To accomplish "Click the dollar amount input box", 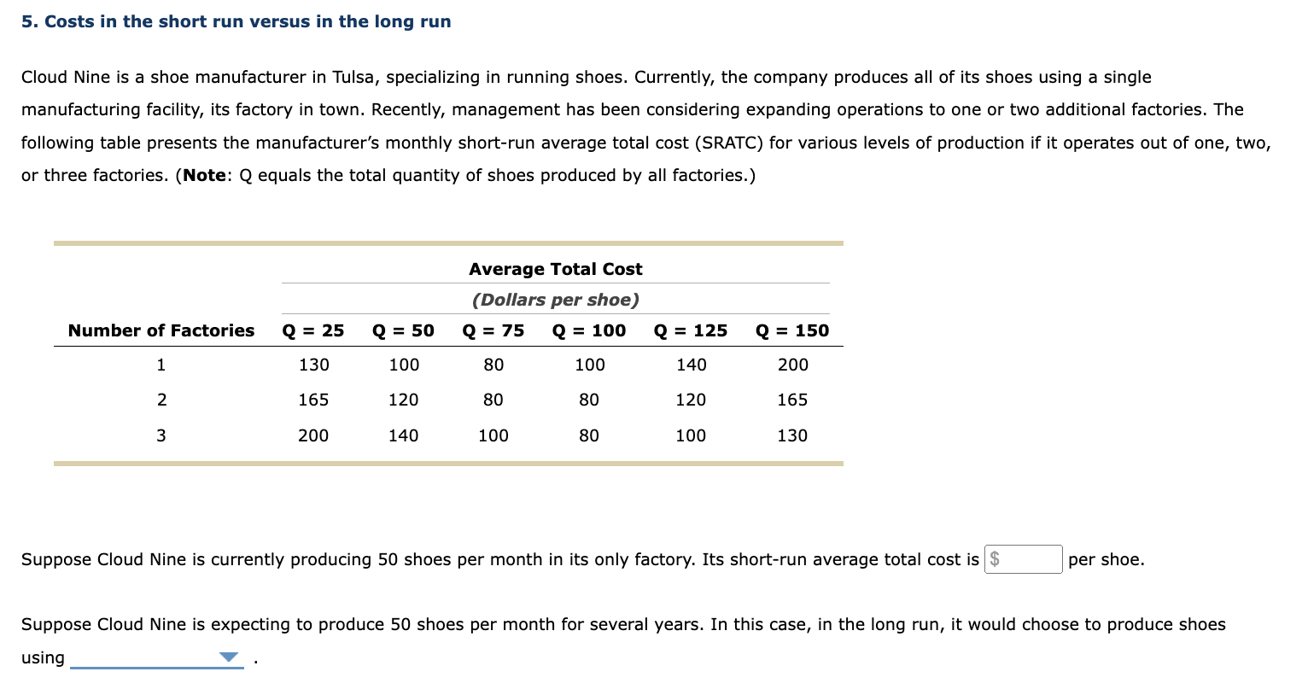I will tap(1023, 559).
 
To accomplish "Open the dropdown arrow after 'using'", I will tap(228, 657).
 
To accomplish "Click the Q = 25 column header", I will tap(313, 330).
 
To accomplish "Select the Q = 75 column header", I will tap(493, 330).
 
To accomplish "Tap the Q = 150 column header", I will tap(792, 330).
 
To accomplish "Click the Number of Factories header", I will tap(161, 330).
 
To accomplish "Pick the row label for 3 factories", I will tap(161, 435).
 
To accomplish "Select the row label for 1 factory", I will tap(161, 365).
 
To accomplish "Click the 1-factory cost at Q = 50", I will tap(404, 365).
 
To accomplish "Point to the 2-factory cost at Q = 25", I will tap(313, 400).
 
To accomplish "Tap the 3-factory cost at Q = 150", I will tap(792, 435).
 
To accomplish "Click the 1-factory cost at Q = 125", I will tap(691, 365).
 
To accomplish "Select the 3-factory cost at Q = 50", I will tap(404, 435).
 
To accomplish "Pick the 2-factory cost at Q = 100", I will tap(589, 400).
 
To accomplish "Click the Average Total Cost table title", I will tap(556, 269).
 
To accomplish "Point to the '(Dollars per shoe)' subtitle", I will tap(556, 300).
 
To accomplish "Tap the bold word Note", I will tap(205, 175).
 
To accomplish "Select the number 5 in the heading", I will tap(26, 21).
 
